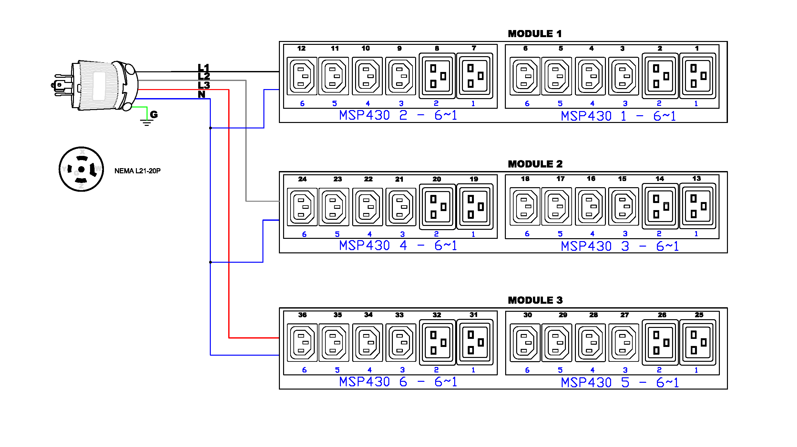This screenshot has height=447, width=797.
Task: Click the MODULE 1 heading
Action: click(535, 34)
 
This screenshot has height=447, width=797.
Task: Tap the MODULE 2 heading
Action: click(535, 164)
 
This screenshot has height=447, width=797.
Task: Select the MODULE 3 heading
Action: click(535, 300)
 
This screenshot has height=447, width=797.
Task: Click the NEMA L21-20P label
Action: click(137, 171)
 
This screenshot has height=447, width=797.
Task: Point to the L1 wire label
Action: click(204, 67)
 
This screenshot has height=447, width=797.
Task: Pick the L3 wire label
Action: click(204, 85)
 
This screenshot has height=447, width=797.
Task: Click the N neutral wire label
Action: click(201, 94)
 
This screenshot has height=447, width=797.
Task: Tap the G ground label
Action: click(154, 114)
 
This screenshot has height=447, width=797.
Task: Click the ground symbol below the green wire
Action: click(147, 122)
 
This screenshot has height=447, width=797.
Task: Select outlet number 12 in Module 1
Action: click(302, 76)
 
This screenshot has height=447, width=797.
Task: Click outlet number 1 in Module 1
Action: click(697, 76)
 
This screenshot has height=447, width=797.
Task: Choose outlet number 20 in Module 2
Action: click(437, 207)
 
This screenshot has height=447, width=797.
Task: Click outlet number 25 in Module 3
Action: click(697, 342)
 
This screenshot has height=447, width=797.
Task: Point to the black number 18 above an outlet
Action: click(525, 178)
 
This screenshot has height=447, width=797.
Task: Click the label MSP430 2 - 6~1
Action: click(398, 115)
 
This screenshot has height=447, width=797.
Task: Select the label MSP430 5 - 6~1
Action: click(620, 382)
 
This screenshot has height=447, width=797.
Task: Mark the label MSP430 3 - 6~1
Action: click(620, 246)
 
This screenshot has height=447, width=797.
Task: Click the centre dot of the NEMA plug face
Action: click(81, 169)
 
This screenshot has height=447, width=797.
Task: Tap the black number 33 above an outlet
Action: click(399, 315)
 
